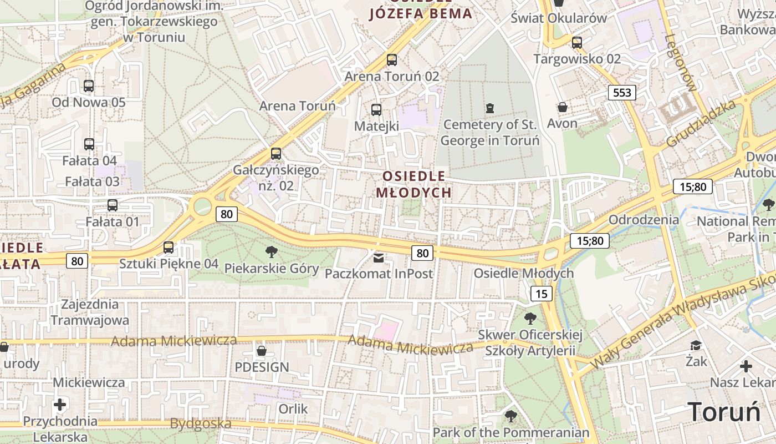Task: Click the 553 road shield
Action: [622, 93]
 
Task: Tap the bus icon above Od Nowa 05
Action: [89, 86]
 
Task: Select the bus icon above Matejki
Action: [376, 110]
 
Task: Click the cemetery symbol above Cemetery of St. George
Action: [489, 108]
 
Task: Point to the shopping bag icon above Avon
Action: [563, 107]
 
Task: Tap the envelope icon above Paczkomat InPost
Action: [379, 258]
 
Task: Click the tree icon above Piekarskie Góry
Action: [272, 253]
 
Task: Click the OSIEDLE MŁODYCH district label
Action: [413, 184]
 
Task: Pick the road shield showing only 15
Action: [541, 294]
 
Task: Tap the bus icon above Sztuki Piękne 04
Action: [169, 248]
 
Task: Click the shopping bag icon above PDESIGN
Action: [262, 351]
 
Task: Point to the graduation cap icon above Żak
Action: [696, 346]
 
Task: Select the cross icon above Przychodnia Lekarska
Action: [60, 405]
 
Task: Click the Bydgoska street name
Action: [201, 424]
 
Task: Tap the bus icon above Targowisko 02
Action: [577, 42]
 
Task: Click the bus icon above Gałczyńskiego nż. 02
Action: [276, 154]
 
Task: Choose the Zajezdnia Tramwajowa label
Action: [90, 312]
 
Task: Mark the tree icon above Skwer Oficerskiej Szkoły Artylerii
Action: [530, 319]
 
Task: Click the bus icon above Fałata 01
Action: [113, 205]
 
